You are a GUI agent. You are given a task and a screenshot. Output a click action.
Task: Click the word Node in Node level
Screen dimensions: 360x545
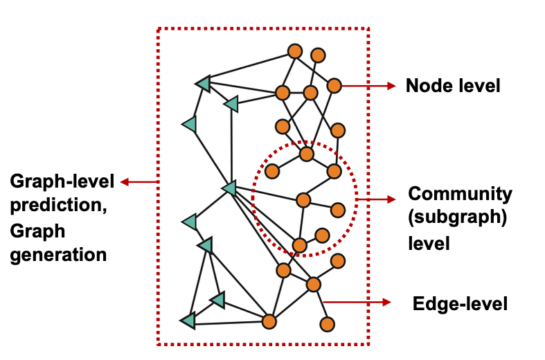point(425,86)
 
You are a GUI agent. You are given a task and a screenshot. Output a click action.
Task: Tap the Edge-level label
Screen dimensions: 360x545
point(460,303)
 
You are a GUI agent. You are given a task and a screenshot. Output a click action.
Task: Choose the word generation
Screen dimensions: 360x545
point(58,254)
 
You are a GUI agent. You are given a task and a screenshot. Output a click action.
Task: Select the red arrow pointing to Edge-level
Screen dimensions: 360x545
point(357,303)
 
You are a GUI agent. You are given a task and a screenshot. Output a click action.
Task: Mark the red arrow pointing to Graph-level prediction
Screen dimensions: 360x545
point(139,182)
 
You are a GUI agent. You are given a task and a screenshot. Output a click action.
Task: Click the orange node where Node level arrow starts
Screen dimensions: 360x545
point(334,86)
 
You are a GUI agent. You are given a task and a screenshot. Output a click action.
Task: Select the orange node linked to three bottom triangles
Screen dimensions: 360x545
point(269,321)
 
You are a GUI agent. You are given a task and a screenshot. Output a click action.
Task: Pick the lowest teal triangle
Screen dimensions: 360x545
point(188,321)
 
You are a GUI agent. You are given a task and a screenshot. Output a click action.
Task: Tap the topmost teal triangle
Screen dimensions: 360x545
point(203,84)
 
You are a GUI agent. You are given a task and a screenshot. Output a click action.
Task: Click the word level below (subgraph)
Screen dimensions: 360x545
point(429,244)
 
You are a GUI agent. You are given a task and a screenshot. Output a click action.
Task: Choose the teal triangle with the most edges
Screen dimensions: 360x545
point(229,188)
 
